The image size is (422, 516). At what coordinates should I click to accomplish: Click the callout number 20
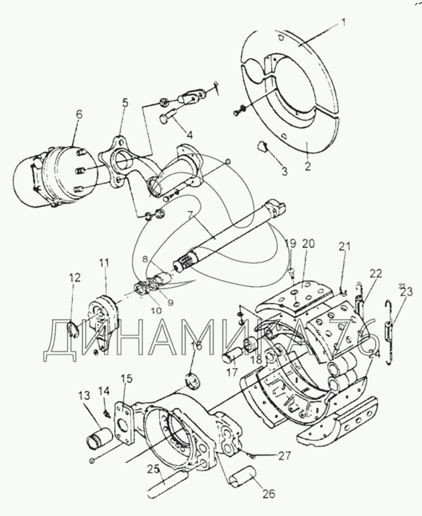308,244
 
